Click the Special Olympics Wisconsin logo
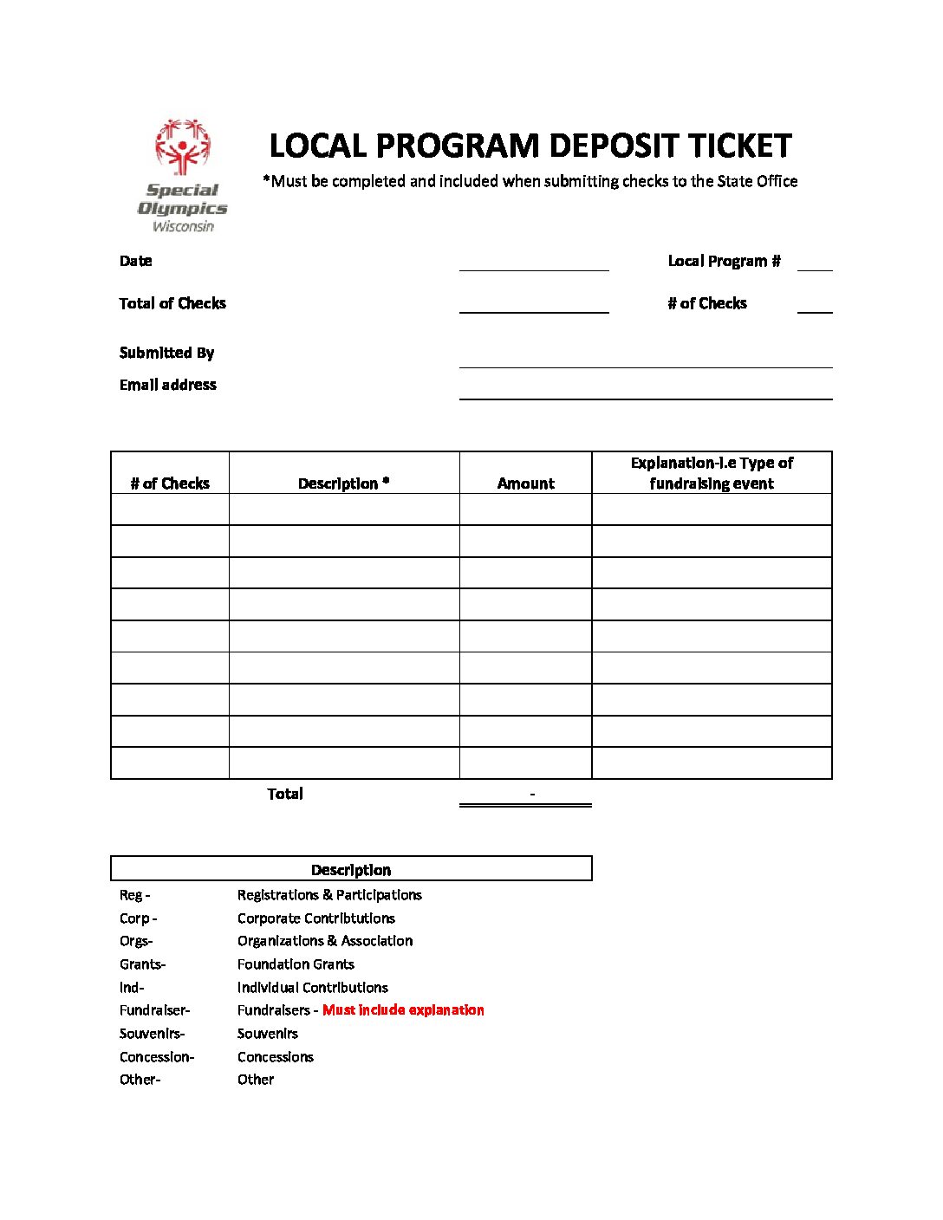tap(183, 176)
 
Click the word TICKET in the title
tap(739, 146)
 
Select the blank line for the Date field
tap(534, 263)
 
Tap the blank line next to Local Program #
tap(815, 263)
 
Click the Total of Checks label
tap(172, 303)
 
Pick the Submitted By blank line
tap(646, 359)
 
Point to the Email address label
tap(168, 385)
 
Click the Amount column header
tap(526, 483)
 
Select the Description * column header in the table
tap(344, 483)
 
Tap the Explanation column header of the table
tap(712, 473)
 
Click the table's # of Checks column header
tap(170, 483)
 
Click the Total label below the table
tap(285, 794)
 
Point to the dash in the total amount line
tap(532, 794)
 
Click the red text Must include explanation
tap(403, 1010)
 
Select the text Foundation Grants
tap(296, 964)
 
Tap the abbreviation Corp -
tap(139, 918)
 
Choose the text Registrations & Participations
tap(329, 895)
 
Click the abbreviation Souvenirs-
tap(153, 1034)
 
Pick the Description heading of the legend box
tap(351, 870)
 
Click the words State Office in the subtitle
tap(757, 181)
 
